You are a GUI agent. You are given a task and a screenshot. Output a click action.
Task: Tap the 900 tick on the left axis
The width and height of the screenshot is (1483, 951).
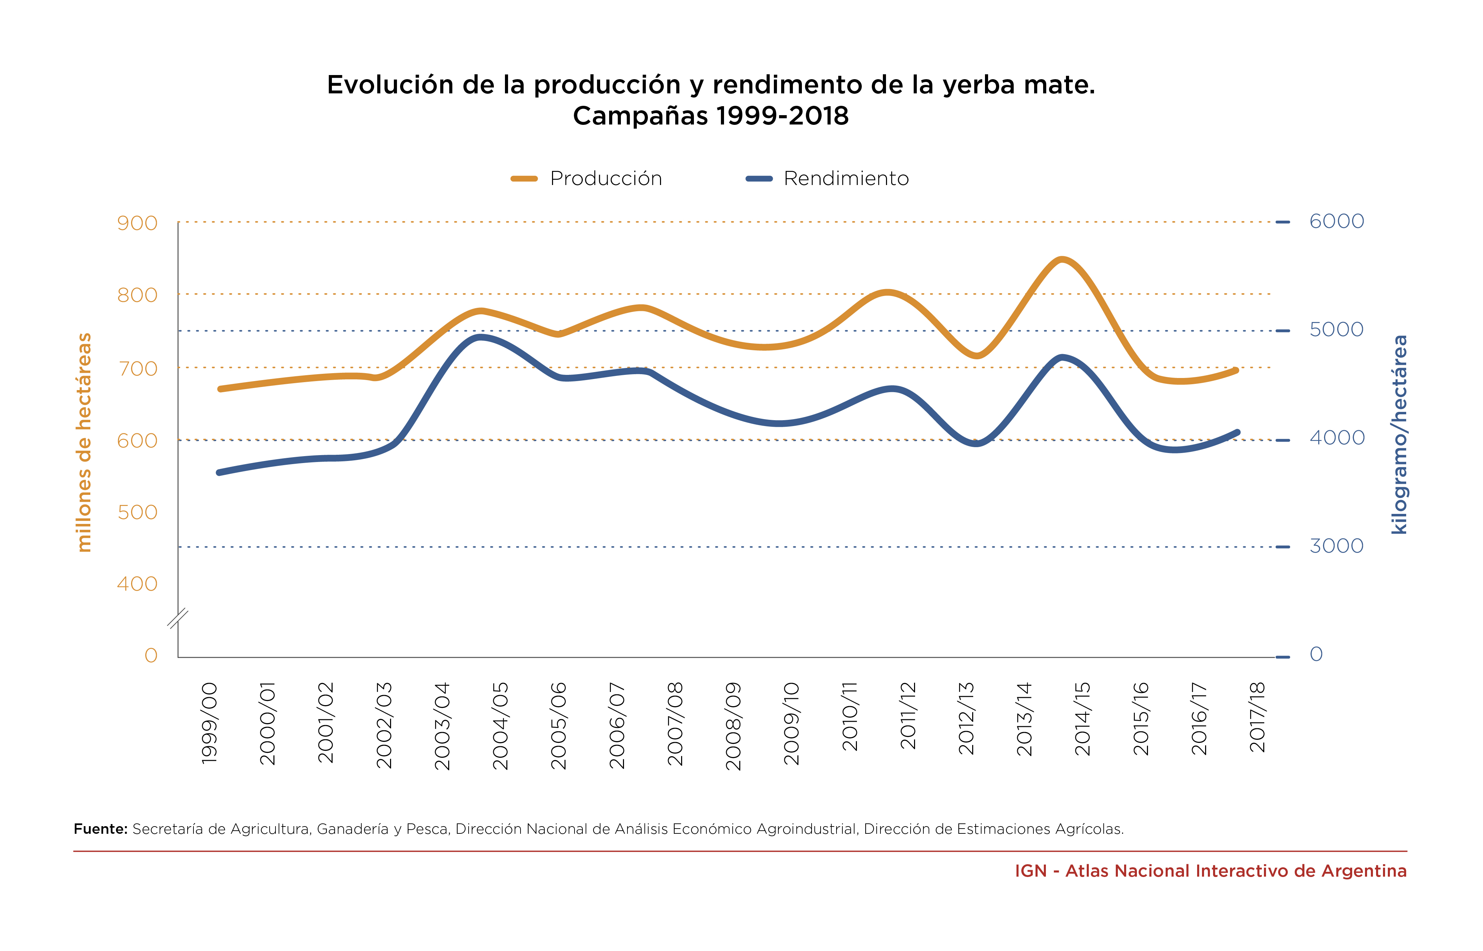coord(137,223)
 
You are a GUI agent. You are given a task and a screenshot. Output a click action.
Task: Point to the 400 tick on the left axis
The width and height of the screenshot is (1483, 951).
coord(137,584)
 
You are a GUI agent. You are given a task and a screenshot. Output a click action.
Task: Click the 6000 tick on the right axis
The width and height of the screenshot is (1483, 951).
coord(1336,221)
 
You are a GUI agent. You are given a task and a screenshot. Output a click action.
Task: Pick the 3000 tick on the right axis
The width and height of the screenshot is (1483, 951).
coord(1336,546)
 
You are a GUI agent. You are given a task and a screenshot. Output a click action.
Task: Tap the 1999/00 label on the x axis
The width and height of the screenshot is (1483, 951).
coord(210,722)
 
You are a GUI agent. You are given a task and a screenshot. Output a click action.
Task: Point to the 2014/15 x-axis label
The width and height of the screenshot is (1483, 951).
coord(1083,719)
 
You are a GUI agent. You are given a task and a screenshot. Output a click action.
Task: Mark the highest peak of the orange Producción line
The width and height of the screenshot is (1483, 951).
coord(1061,259)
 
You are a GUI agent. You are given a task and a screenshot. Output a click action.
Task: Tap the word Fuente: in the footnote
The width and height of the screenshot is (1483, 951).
coord(100,829)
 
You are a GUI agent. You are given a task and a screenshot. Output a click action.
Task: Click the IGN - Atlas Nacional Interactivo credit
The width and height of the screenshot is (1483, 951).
coord(1210,871)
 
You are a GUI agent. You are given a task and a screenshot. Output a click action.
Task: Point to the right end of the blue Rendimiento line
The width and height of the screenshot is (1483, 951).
coord(1237,432)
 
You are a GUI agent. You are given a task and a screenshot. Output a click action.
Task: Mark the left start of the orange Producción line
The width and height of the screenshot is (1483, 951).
coord(220,389)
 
